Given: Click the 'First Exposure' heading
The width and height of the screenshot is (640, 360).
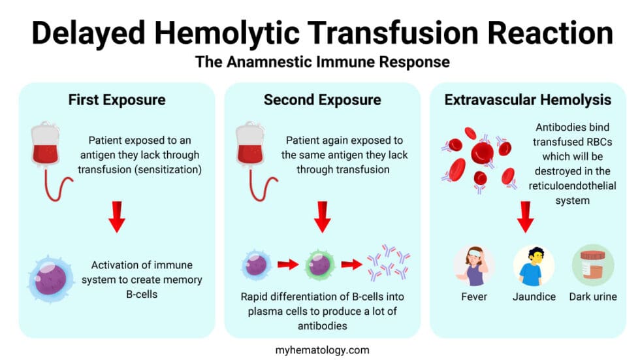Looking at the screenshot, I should pos(117,100).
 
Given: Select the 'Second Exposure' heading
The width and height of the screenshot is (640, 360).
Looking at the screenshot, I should pos(322,100).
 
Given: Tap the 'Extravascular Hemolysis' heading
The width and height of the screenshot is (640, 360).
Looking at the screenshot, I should pos(528,100).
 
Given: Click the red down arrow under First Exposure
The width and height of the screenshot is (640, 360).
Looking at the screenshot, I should pos(117,218).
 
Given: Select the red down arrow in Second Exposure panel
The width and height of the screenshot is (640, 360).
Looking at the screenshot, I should pos(322,218).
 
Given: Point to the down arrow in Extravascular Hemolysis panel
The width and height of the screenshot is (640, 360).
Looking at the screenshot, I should pos(528,218).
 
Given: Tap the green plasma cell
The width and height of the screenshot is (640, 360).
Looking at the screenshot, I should pos(319,265).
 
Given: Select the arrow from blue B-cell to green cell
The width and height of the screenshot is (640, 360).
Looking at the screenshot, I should pos(287,265).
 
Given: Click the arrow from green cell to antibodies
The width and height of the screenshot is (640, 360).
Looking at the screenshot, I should pos(351,265).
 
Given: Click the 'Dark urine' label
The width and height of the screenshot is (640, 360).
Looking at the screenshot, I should pos(592,297).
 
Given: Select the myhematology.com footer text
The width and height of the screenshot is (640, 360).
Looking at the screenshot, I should pos(322,349).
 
